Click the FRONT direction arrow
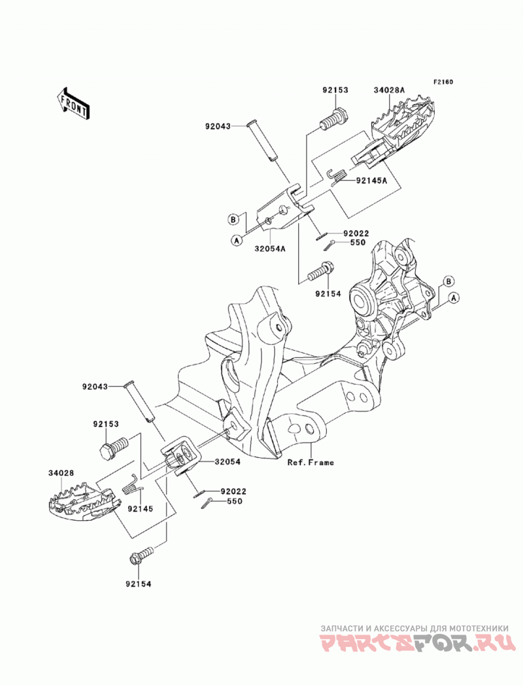coord(73,103)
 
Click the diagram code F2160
coord(443,82)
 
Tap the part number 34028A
coord(389,90)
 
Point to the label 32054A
coord(270,249)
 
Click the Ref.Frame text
coord(311,462)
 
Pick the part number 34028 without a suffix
coord(61,472)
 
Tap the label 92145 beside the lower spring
coord(140,509)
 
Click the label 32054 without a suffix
coord(227,461)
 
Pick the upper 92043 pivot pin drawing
coord(264,141)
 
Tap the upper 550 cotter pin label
coord(358,243)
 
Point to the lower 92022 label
coord(233,491)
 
